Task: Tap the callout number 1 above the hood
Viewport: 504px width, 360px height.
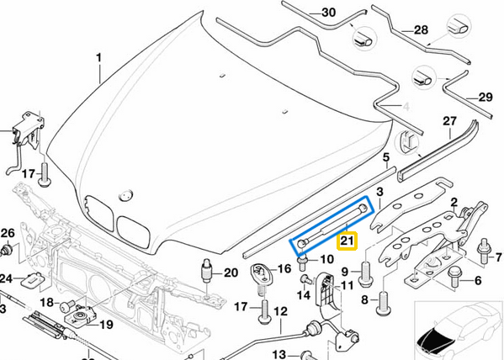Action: [98, 58]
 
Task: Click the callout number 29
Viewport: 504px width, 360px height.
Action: [485, 98]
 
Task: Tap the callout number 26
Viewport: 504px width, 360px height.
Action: [8, 233]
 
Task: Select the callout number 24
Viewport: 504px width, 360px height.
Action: [6, 278]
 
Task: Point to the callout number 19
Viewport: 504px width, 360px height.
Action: [107, 324]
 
